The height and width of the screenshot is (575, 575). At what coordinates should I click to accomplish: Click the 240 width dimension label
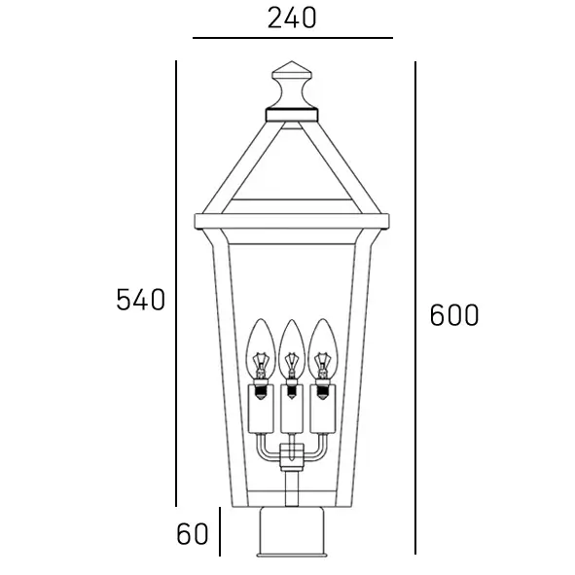pyautogui.click(x=292, y=18)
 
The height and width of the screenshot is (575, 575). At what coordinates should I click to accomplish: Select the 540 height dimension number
pyautogui.click(x=141, y=300)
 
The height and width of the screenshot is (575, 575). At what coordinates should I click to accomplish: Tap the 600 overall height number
pyautogui.click(x=454, y=315)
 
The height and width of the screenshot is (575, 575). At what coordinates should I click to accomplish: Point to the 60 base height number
pyautogui.click(x=193, y=533)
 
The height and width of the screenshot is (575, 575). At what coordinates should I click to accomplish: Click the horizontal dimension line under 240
pyautogui.click(x=292, y=38)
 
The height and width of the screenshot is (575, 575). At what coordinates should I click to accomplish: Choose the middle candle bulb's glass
pyautogui.click(x=291, y=342)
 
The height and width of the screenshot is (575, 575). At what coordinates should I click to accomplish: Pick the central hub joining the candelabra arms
pyautogui.click(x=290, y=457)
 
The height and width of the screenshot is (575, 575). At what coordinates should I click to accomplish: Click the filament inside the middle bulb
pyautogui.click(x=291, y=365)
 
